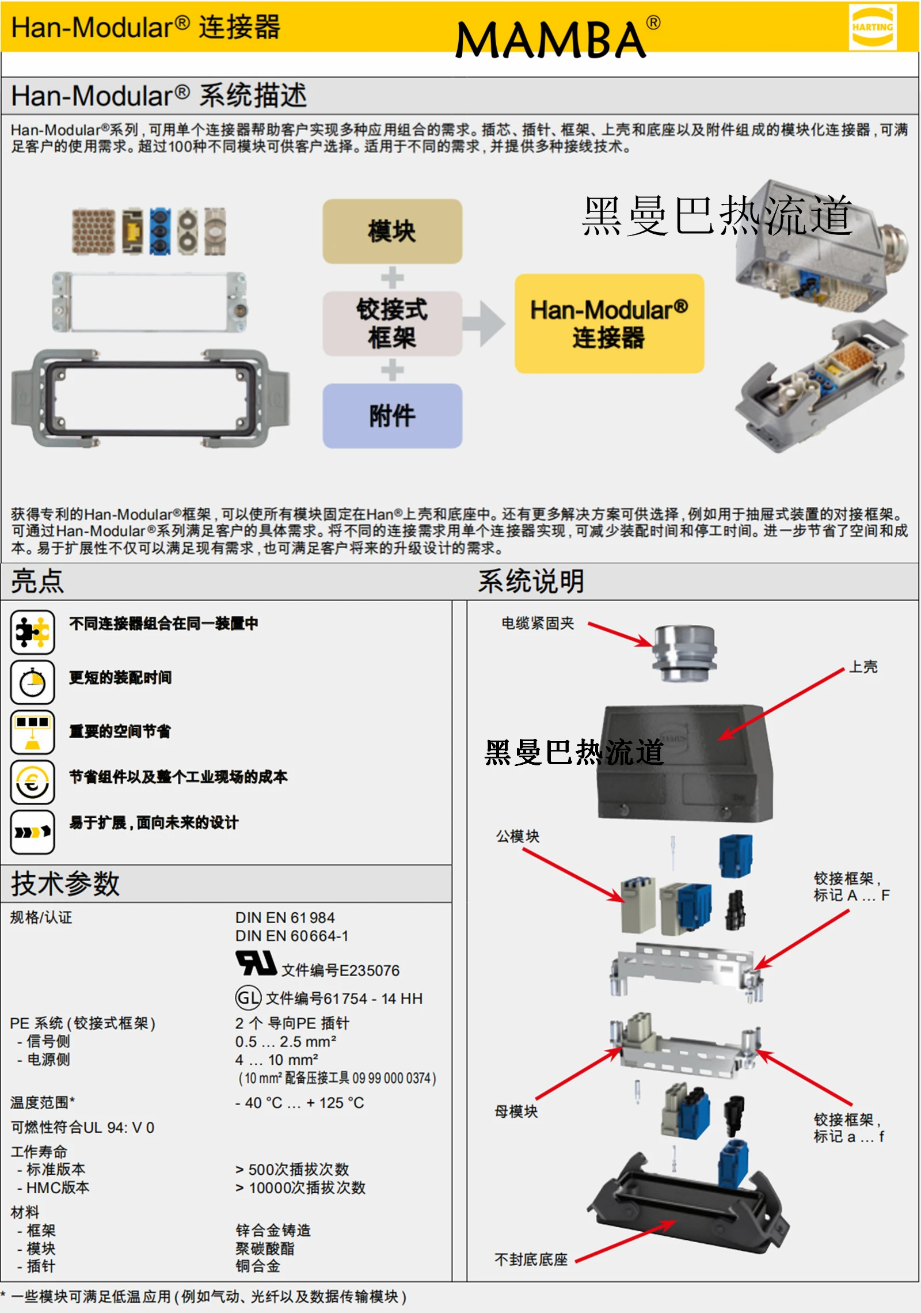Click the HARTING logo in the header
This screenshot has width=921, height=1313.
[x=872, y=27]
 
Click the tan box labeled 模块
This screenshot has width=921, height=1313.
[x=392, y=232]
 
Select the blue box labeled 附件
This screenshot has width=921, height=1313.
[x=392, y=416]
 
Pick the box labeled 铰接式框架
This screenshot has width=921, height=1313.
[x=392, y=324]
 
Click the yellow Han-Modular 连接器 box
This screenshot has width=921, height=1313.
[x=609, y=324]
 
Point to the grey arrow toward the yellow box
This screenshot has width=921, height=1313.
[x=484, y=324]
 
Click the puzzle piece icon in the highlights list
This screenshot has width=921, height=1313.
[x=32, y=632]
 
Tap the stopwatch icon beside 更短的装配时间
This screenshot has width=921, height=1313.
[x=32, y=682]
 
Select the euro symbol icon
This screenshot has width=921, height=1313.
[x=32, y=782]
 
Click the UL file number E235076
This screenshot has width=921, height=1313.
[x=340, y=970]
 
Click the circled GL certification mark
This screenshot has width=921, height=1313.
[x=248, y=997]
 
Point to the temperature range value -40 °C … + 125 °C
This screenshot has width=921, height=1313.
[x=299, y=1103]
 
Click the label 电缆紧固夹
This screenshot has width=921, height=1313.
[x=538, y=623]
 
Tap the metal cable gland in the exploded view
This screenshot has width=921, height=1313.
[x=684, y=653]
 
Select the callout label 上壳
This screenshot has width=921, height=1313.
[x=863, y=667]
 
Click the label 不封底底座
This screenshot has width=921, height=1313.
[x=531, y=1259]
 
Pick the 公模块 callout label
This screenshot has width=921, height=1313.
[x=517, y=836]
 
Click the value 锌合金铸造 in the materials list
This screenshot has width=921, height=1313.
[x=273, y=1230]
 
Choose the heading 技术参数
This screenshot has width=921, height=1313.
[x=65, y=883]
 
